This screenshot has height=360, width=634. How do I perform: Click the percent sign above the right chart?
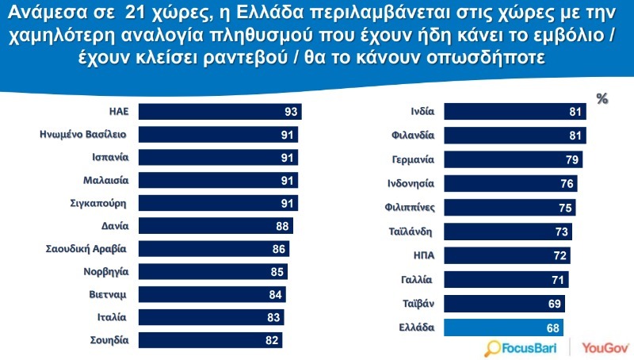tap(602, 98)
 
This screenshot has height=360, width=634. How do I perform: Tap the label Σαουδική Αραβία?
tap(87, 248)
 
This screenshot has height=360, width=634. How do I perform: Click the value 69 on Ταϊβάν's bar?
tap(554, 303)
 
